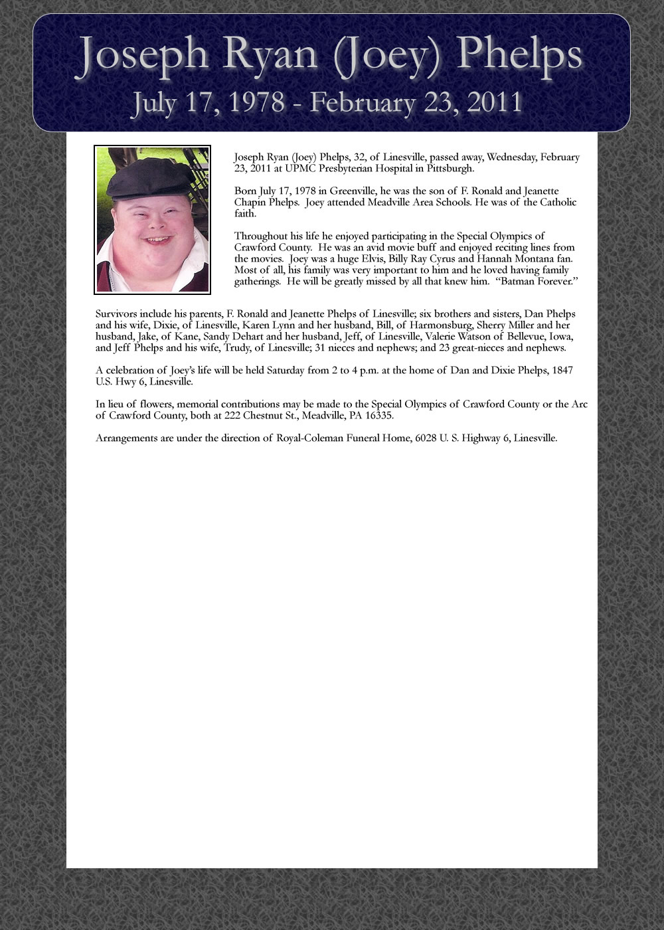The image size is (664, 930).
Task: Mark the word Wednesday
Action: coord(512,157)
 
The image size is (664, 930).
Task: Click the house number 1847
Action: coord(562,371)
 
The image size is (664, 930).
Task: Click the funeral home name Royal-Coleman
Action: coord(308,438)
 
